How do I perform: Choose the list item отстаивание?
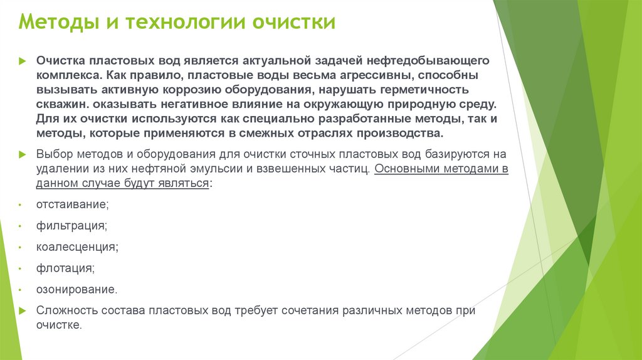point(73,204)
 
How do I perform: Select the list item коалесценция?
point(77,247)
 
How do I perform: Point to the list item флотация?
point(66,268)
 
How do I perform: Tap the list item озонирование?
point(76,290)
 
